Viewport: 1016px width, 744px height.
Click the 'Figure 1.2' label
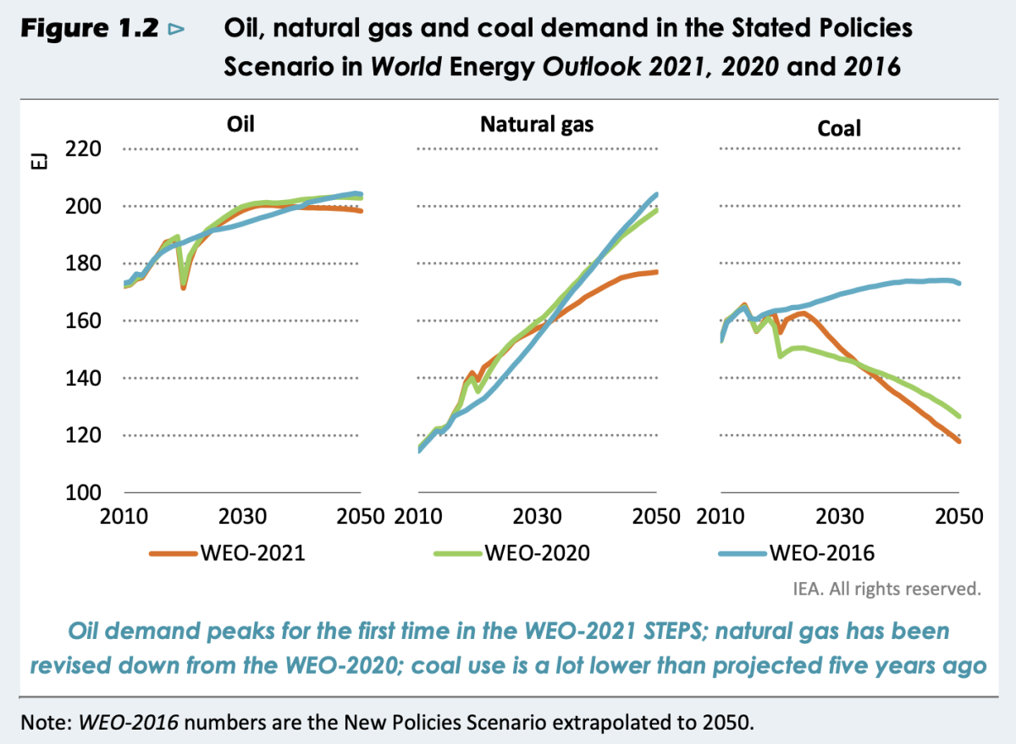point(88,28)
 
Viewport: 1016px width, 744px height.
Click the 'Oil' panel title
point(241,125)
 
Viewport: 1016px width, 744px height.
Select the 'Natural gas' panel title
point(537,125)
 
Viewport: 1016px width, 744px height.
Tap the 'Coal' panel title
point(839,128)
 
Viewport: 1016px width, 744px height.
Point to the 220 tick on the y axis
point(83,149)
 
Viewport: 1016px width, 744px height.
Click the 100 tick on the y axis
point(83,492)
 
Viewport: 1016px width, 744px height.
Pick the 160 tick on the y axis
point(83,321)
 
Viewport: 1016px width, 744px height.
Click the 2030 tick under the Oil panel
point(245,516)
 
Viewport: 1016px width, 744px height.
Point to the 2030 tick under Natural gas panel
point(535,516)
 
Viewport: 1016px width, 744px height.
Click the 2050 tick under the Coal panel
point(958,516)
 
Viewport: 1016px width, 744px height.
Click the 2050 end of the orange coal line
point(959,441)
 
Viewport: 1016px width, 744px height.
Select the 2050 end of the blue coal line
point(959,283)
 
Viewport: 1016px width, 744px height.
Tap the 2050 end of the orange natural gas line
point(657,272)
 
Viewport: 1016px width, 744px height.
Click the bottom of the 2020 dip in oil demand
point(183,288)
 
